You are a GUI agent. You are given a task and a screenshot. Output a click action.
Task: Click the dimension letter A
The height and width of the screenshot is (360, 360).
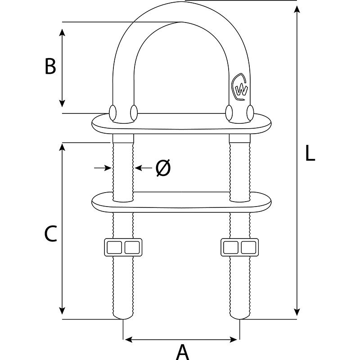click(182, 351)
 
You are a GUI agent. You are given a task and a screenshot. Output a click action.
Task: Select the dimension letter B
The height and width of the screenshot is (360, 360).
click(50, 67)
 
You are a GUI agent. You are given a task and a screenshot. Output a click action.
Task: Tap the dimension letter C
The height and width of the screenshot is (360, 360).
click(50, 234)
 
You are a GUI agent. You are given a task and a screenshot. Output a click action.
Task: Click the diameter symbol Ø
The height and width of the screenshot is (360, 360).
click(163, 168)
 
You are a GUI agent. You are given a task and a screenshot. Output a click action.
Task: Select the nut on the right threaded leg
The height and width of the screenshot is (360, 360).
click(240, 247)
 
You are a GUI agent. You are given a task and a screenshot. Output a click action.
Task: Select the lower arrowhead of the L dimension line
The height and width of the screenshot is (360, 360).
click(297, 310)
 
